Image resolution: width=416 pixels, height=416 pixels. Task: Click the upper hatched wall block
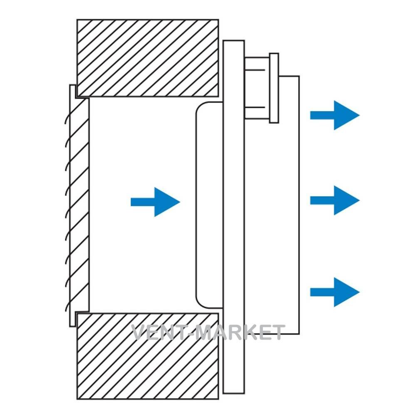pyautogui.click(x=148, y=58)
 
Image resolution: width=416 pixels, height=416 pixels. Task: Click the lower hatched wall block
pyautogui.click(x=148, y=356)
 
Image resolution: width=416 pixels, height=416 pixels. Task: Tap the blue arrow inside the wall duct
pyautogui.click(x=156, y=202)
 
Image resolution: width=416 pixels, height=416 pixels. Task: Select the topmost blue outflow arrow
pyautogui.click(x=335, y=115)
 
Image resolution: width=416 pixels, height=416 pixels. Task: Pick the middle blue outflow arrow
pyautogui.click(x=335, y=201)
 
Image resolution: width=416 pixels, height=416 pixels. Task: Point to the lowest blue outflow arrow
pyautogui.click(x=335, y=292)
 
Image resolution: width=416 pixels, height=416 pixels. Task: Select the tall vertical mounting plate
pyautogui.click(x=234, y=217)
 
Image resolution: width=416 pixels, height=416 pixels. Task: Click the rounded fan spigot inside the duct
pyautogui.click(x=210, y=205)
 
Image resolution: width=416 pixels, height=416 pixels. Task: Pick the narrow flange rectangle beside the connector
pyautogui.click(x=274, y=88)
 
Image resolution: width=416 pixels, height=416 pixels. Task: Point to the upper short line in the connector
pyautogui.click(x=255, y=70)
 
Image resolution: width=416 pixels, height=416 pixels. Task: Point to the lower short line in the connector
pyautogui.click(x=255, y=107)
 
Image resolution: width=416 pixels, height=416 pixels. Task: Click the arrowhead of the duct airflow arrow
pyautogui.click(x=167, y=202)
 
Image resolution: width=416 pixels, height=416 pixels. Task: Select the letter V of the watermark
pyautogui.click(x=139, y=332)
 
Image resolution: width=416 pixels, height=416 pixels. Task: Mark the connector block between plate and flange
pyautogui.click(x=257, y=88)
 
